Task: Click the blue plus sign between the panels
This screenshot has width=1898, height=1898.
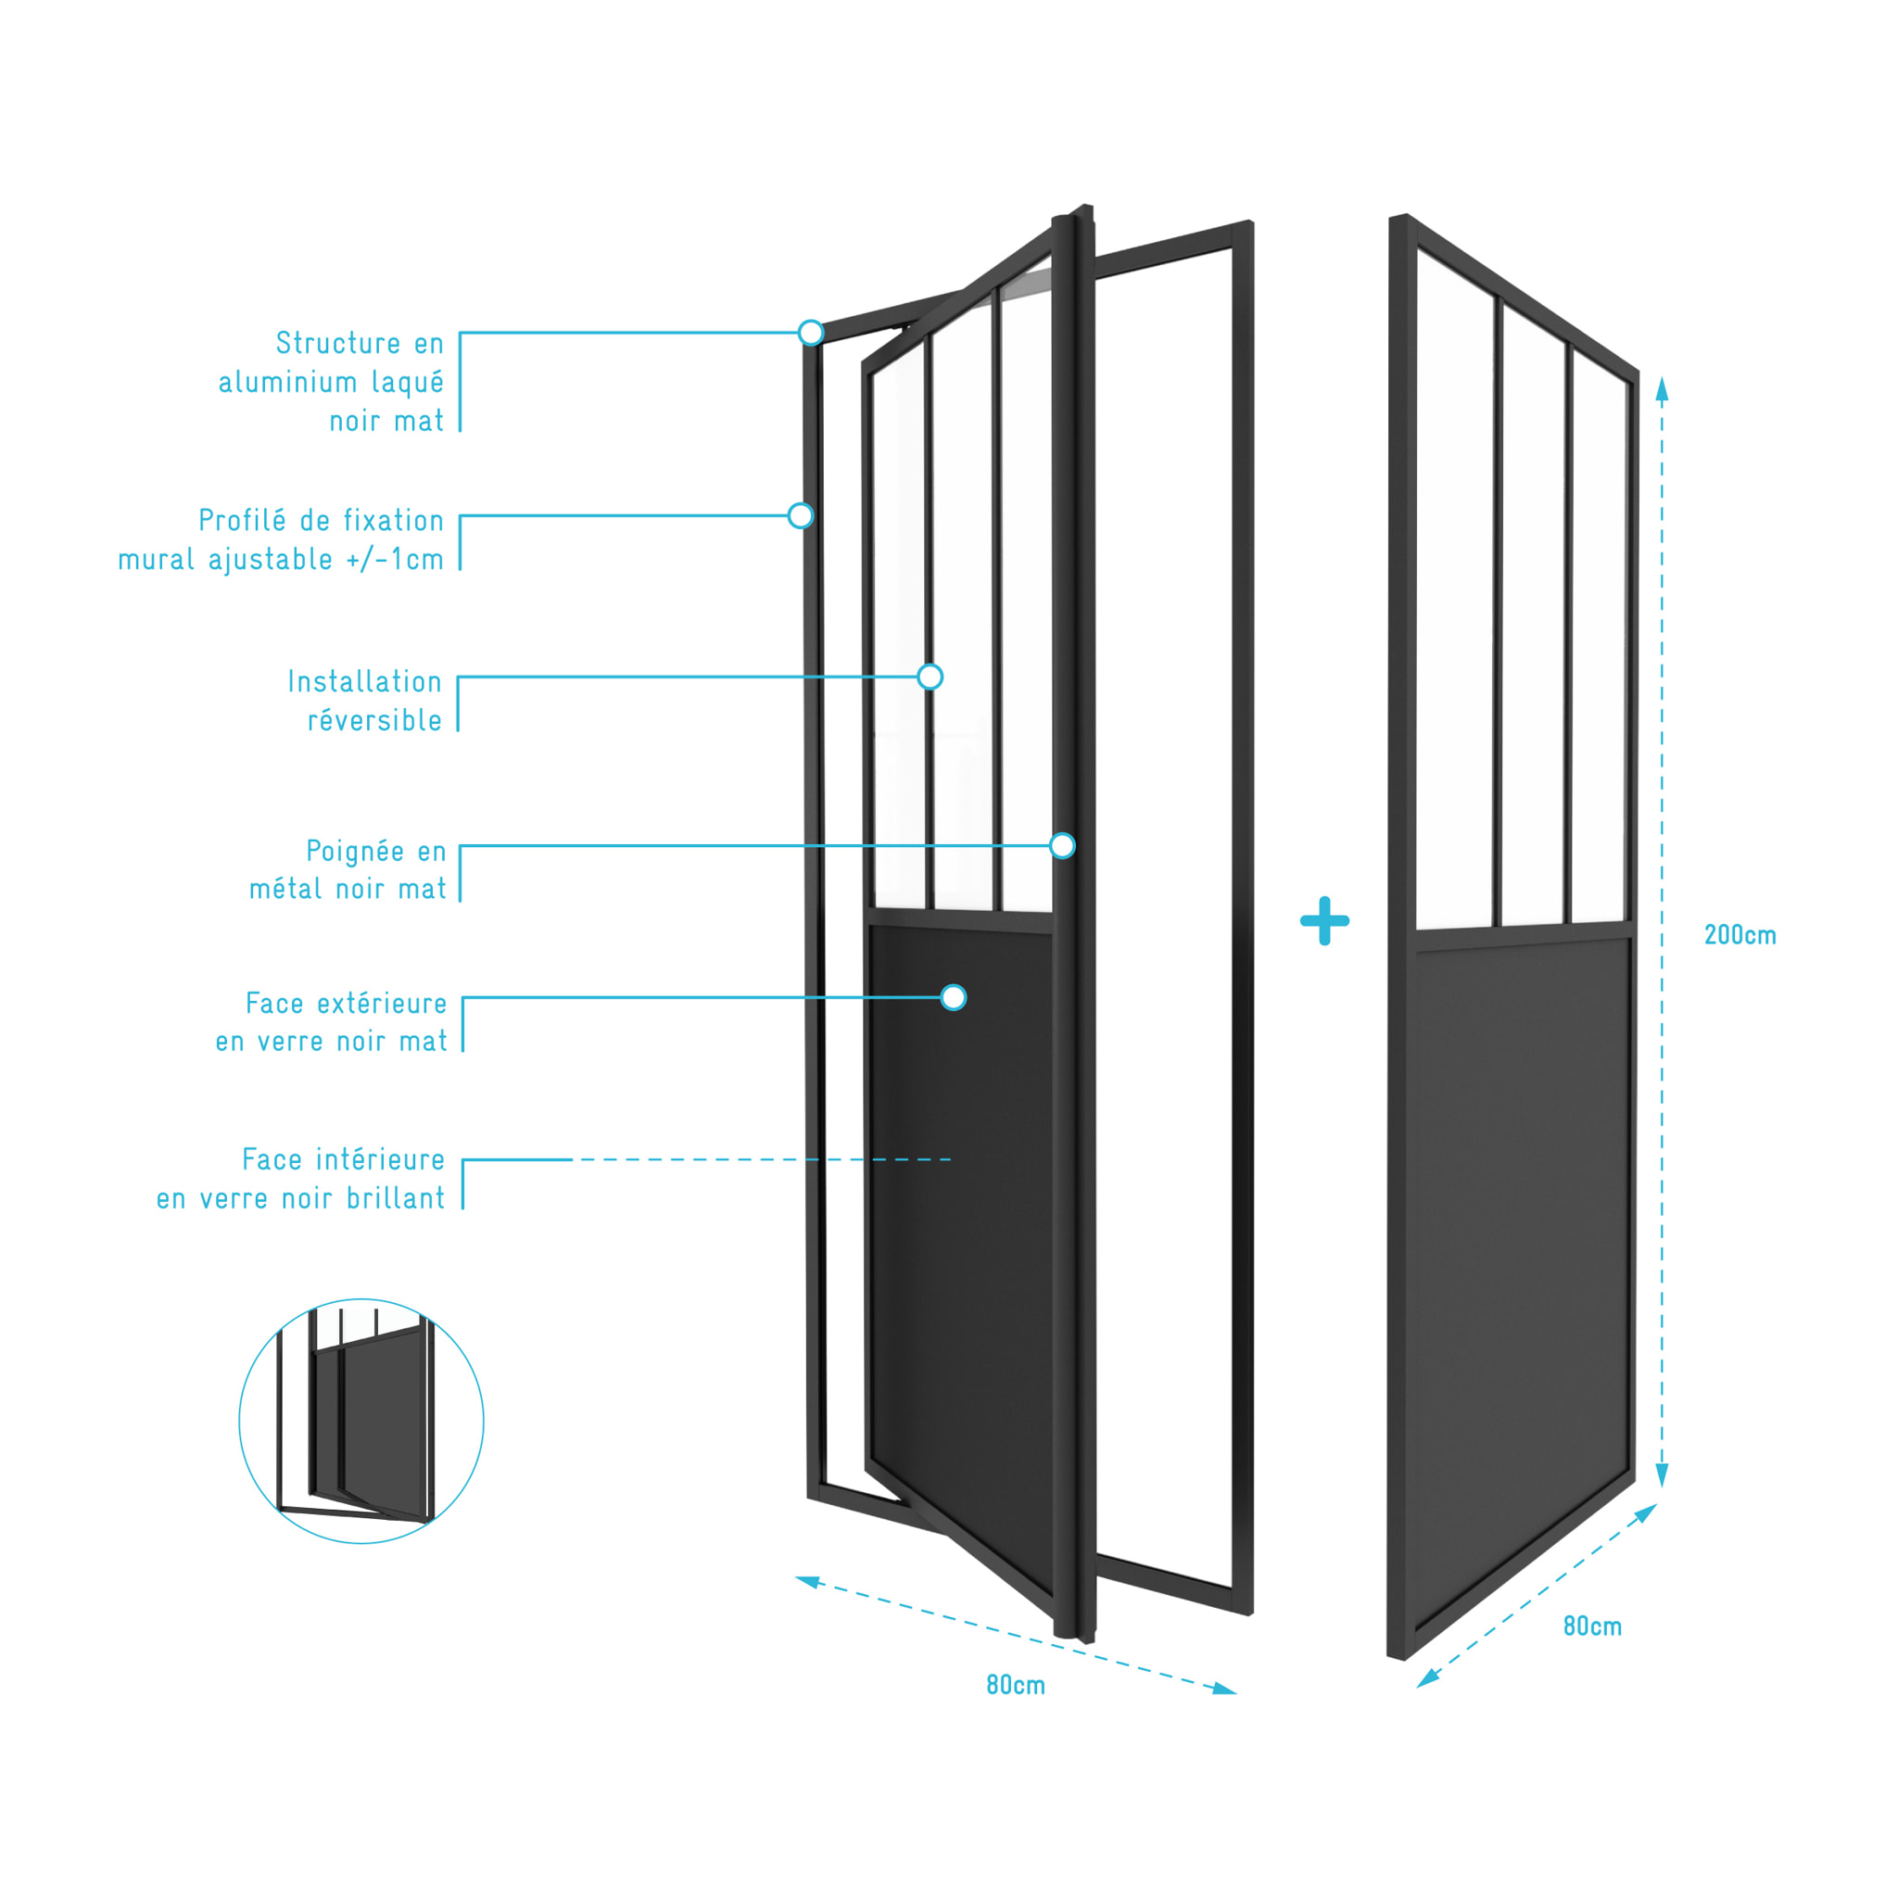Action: (x=1324, y=920)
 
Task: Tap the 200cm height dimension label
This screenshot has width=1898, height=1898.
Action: (x=1740, y=935)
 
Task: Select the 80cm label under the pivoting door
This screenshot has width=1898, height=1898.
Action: (x=1016, y=1686)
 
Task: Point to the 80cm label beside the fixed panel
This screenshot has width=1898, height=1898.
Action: (x=1592, y=1626)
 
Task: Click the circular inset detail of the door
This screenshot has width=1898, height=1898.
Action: (x=361, y=1421)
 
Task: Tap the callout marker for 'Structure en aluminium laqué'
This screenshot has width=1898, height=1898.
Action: (x=811, y=332)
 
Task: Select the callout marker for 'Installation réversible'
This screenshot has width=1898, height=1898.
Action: (x=930, y=676)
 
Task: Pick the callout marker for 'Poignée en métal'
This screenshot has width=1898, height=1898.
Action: (x=1062, y=845)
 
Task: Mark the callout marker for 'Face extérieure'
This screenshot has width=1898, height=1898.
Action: (x=953, y=997)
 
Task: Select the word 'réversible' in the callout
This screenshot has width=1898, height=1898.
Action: (x=375, y=720)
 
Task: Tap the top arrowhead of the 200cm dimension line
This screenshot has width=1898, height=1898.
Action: (x=1663, y=389)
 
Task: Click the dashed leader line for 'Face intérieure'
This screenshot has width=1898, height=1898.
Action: (x=762, y=1159)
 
